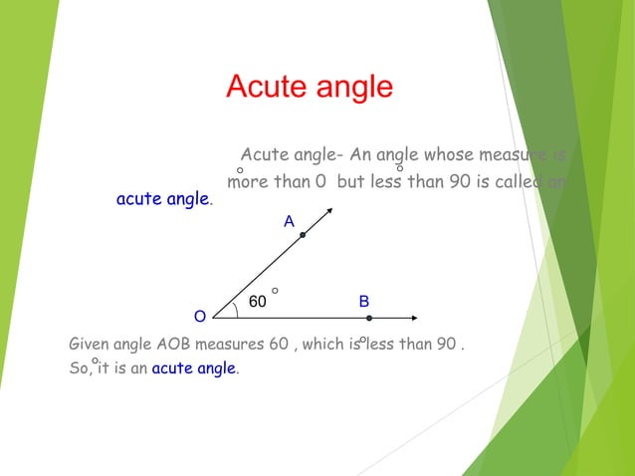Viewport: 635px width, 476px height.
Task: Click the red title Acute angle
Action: point(310,87)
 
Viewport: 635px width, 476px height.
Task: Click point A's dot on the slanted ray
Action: point(303,235)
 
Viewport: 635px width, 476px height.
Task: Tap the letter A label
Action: point(289,222)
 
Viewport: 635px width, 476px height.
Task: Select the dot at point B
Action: point(369,318)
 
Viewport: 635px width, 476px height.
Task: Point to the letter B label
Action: point(364,301)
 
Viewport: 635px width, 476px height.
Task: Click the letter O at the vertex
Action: point(200,317)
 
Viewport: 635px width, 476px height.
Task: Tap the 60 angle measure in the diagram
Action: point(257,302)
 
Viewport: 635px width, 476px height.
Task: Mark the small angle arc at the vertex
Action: point(235,309)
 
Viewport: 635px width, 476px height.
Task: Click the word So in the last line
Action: point(78,368)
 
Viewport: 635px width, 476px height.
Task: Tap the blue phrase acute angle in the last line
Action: point(194,368)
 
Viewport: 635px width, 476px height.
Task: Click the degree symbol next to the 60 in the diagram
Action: point(275,291)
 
